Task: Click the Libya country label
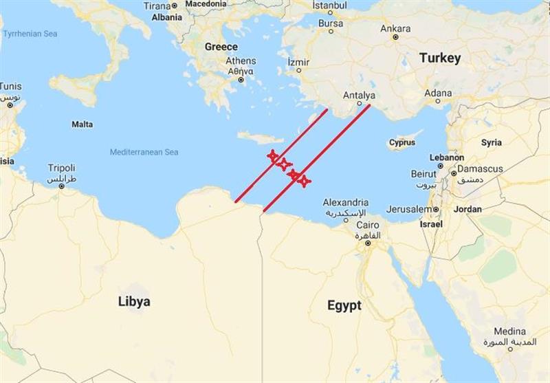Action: coord(133,301)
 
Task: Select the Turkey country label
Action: coord(440,58)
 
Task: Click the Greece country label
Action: coord(221,47)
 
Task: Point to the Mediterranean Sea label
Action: coord(144,152)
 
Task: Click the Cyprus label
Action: coord(401,143)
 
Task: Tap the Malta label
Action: coord(82,124)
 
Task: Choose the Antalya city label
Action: coord(359,95)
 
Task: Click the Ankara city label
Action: coord(395,29)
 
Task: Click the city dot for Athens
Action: coord(241,80)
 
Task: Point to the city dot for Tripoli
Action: coord(61,176)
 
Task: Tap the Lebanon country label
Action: coord(446,157)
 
